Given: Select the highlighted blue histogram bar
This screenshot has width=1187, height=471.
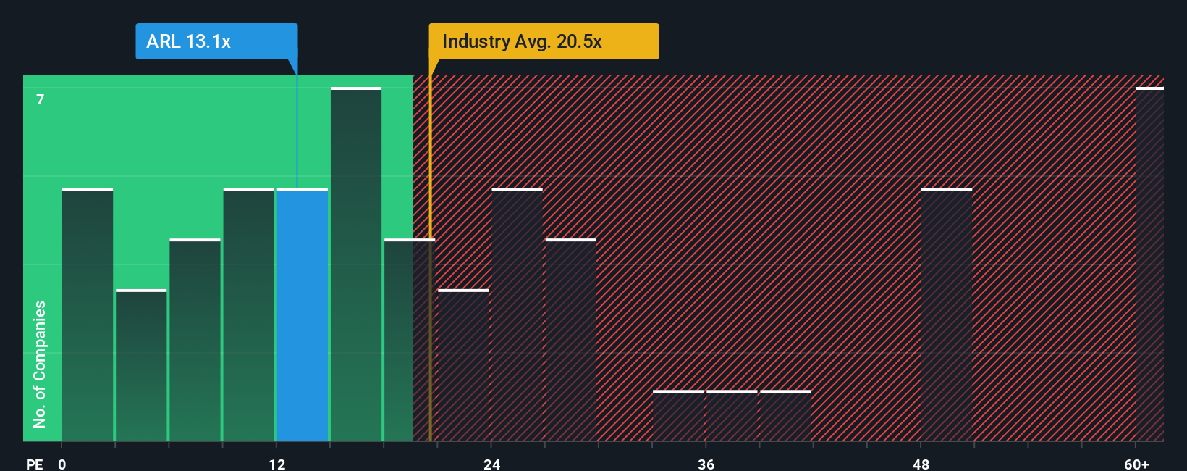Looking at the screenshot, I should coord(303,315).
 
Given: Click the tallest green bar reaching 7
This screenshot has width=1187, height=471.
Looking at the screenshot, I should coord(356,264).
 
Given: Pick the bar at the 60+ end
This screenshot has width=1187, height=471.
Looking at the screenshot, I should coord(1149,264).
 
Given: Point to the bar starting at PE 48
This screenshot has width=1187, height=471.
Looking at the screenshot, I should coord(946,315).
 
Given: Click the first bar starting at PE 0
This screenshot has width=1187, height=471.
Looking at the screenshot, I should coord(88,315).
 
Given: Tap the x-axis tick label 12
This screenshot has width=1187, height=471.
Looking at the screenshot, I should coord(277,464).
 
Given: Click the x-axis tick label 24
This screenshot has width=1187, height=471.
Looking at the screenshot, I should coord(492,464).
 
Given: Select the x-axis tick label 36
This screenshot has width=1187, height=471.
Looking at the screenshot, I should coord(706,464).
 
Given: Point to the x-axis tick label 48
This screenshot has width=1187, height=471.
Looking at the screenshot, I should coord(921,464).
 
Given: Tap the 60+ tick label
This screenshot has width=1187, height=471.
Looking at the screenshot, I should coord(1136,464).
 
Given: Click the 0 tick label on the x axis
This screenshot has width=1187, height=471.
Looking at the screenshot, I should coord(62,464).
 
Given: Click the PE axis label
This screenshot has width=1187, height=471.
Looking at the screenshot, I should coord(34,464).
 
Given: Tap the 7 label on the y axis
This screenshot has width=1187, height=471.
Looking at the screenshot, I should coord(41,99).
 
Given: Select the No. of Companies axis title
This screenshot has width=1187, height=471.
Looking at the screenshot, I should coord(40,364).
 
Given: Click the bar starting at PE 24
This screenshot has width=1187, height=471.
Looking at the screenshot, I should coord(517,315).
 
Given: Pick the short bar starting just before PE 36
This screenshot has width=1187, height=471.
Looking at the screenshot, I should coord(678,416).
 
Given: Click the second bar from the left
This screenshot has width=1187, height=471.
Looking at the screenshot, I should coord(141,365).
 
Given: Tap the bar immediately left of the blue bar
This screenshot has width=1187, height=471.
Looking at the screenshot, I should coord(249,315).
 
